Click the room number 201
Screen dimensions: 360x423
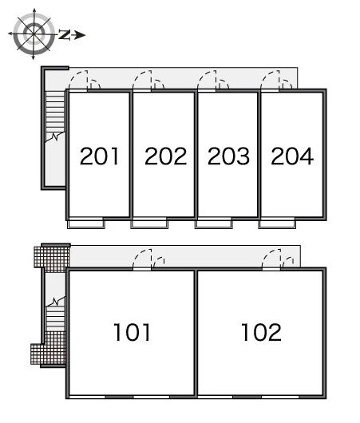99,156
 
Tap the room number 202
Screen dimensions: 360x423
166,156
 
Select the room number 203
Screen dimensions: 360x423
228,156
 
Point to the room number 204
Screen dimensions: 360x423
292,156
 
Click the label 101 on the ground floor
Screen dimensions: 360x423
132,332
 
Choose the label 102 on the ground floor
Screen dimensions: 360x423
261,332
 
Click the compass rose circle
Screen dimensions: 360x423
34,34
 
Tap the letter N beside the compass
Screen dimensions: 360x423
65,35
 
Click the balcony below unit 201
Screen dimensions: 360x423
86,224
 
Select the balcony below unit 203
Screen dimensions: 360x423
214,224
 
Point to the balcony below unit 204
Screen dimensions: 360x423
277,224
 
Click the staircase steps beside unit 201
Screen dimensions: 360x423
55,112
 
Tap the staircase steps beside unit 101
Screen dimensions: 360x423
56,318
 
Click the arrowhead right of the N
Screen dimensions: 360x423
80,35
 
